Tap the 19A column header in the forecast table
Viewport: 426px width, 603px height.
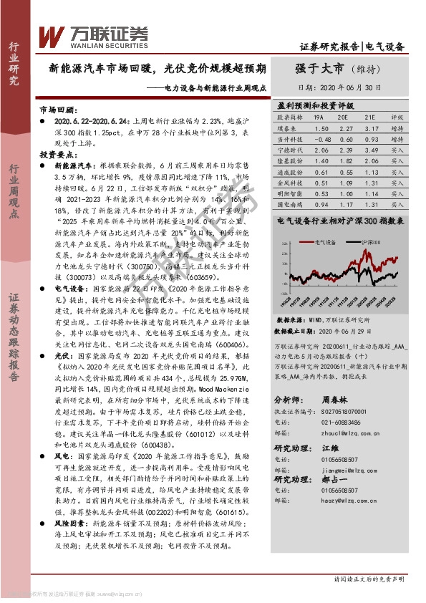(319, 116)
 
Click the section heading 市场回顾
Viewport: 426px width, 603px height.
(57, 112)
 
